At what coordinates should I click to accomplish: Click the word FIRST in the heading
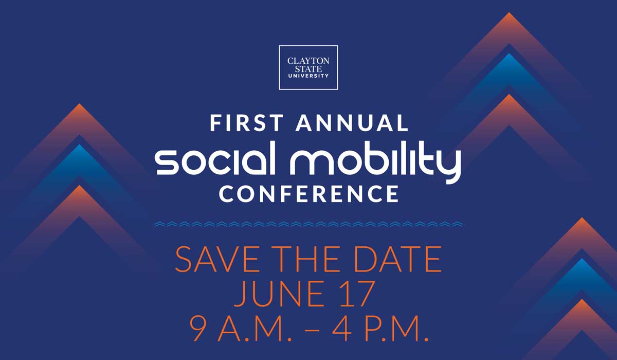click(x=247, y=123)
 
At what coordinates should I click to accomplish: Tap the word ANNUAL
click(x=352, y=123)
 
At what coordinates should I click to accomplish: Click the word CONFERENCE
click(x=309, y=194)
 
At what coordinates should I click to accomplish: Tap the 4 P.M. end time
click(x=380, y=328)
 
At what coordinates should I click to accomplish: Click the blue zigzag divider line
click(x=308, y=224)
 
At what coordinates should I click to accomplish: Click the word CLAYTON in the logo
click(x=308, y=61)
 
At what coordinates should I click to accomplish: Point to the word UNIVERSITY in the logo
click(x=308, y=76)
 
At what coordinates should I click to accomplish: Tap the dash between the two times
click(x=312, y=330)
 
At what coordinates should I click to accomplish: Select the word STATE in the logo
click(x=308, y=69)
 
